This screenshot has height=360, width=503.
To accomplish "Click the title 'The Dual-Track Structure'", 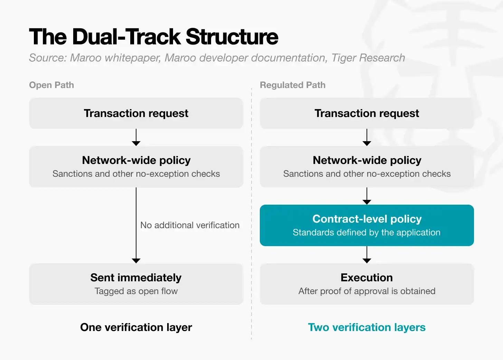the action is coord(154,37).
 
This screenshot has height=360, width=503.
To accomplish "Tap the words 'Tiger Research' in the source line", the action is coord(368,58).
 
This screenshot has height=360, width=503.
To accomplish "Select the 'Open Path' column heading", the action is coord(51,85).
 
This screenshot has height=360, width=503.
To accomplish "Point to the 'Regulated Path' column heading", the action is coord(293,85).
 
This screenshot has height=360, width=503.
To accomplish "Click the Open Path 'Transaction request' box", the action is coord(136,113).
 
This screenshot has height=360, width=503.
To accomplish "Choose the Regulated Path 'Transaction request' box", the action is coord(367,113).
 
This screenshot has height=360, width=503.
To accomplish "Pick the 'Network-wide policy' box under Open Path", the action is coord(136,167).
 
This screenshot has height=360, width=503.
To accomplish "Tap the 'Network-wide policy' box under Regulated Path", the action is coord(367,167).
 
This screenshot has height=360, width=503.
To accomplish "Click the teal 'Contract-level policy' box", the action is coord(367,225).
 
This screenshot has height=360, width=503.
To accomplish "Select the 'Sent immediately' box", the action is coord(136,284).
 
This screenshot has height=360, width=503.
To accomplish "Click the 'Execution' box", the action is coord(367,284).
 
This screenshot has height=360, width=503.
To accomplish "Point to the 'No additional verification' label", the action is coord(190,225).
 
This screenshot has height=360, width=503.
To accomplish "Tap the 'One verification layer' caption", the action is coord(136,327).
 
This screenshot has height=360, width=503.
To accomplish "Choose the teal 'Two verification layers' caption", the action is coord(367,327).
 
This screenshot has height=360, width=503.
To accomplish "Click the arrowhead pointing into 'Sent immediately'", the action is coord(136,261).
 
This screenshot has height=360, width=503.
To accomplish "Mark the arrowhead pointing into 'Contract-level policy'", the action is coord(367,202).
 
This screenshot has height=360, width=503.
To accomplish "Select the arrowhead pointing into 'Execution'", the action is coord(367,261).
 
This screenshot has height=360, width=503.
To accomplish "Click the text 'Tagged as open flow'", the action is coord(136,291).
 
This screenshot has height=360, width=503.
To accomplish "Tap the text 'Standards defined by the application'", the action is coord(367,233).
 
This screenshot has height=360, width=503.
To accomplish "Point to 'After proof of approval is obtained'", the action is coord(367,291).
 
